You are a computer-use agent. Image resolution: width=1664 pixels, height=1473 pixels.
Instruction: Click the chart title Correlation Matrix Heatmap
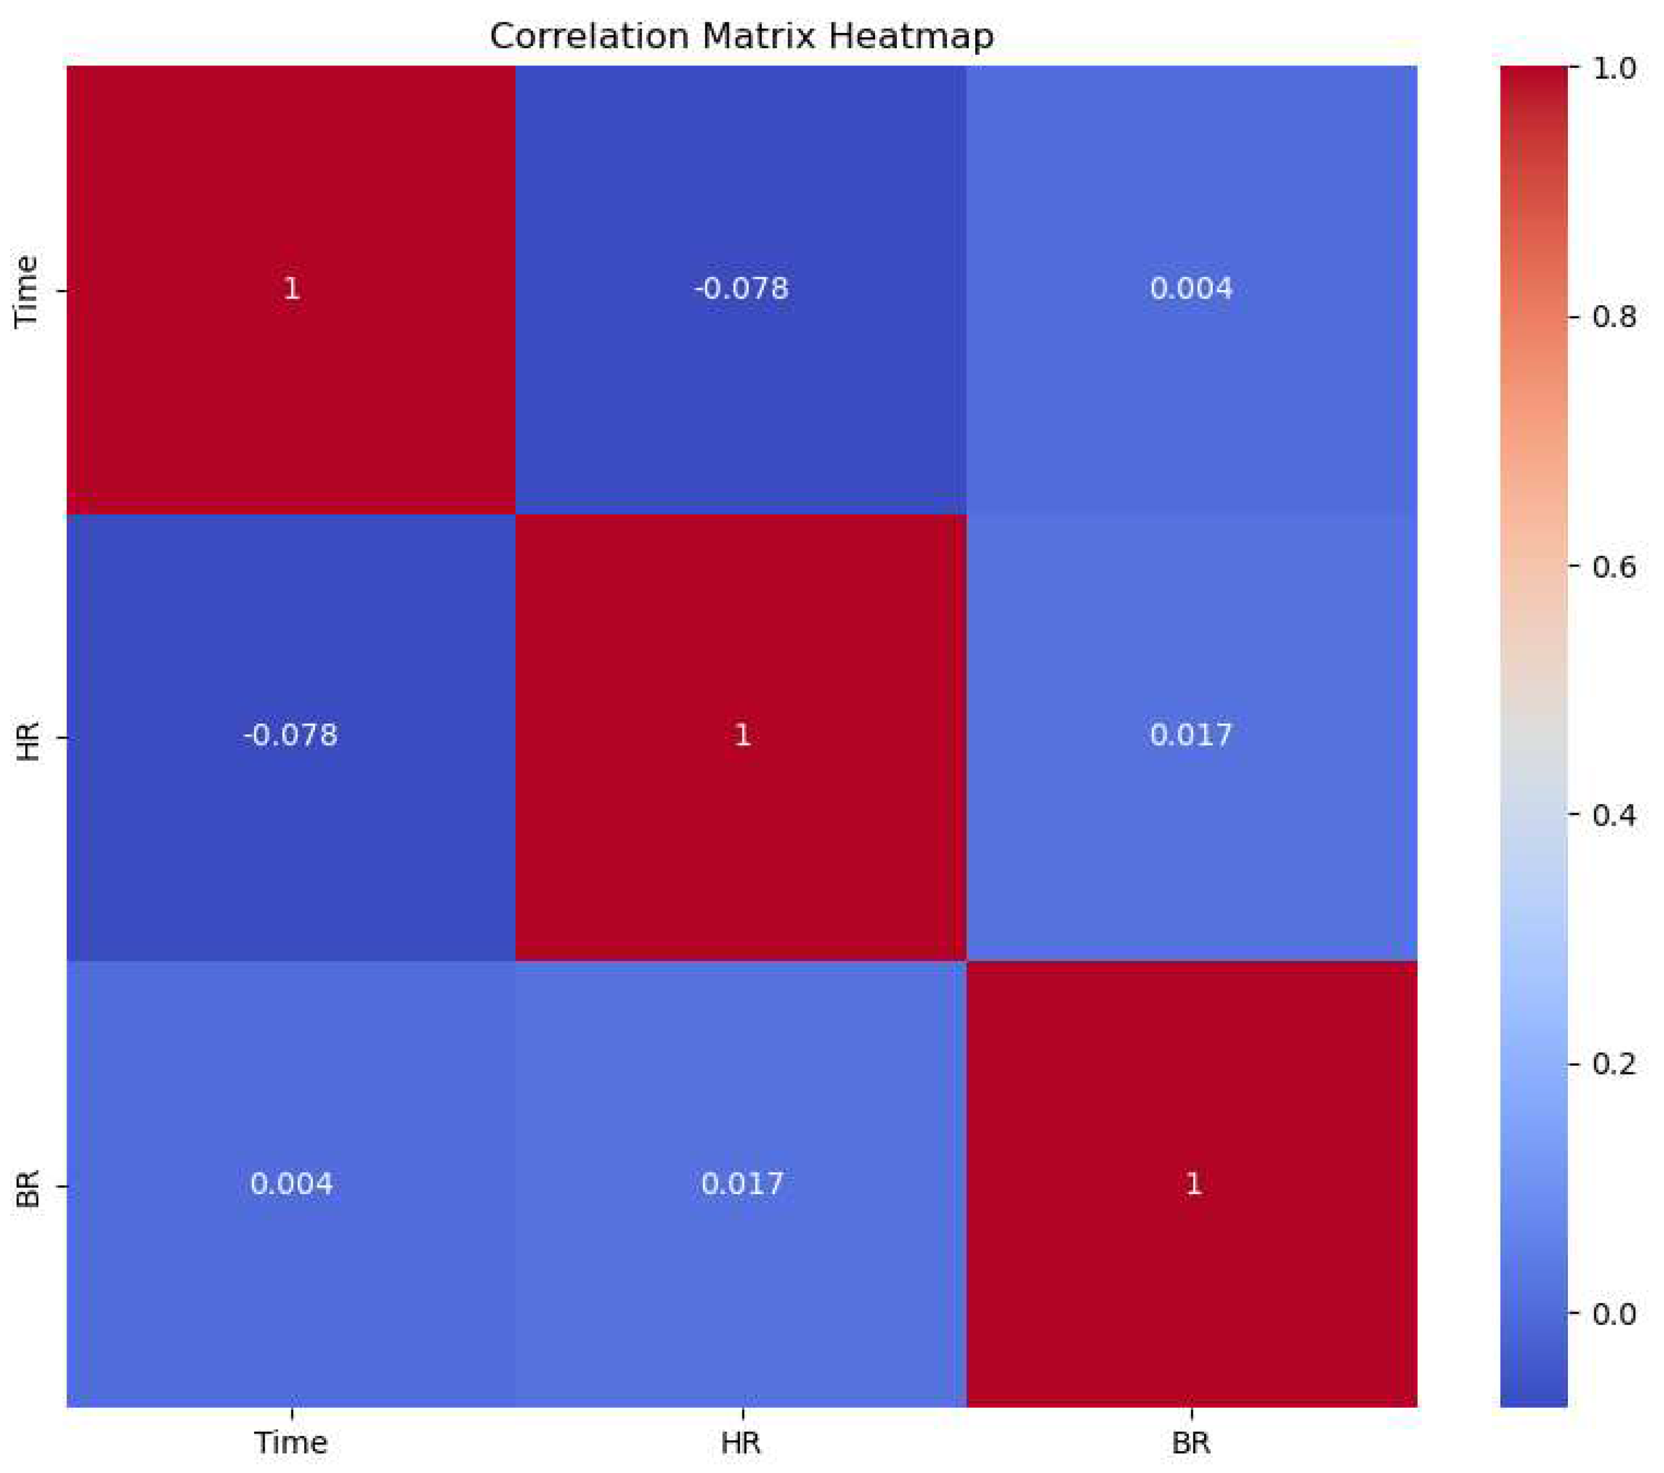[741, 37]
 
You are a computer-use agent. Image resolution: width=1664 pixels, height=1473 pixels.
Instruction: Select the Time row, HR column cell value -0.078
[741, 289]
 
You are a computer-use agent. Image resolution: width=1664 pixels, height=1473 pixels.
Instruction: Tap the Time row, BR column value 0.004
[1191, 289]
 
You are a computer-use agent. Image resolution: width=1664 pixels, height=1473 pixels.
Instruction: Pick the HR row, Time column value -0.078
[290, 736]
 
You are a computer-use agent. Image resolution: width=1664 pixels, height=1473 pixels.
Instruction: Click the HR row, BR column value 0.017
[1191, 736]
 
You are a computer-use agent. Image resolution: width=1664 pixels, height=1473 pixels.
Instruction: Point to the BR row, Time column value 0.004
[291, 1184]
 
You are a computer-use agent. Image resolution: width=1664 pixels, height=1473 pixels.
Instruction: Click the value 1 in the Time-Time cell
[291, 289]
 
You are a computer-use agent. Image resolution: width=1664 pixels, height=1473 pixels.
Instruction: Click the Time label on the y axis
[28, 291]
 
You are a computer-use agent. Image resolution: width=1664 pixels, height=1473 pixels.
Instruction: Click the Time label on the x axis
[291, 1443]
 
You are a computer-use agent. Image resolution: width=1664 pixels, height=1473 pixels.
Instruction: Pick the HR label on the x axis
[741, 1443]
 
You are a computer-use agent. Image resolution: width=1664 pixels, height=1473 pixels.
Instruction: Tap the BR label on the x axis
[1191, 1443]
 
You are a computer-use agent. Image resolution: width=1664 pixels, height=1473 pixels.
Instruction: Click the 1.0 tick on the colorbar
[1613, 68]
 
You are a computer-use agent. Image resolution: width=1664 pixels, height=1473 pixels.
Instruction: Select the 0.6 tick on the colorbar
[1613, 566]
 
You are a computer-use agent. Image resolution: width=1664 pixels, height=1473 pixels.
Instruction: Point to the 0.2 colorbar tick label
[1613, 1064]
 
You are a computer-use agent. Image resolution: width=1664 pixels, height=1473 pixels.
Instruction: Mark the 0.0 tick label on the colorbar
[1613, 1313]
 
